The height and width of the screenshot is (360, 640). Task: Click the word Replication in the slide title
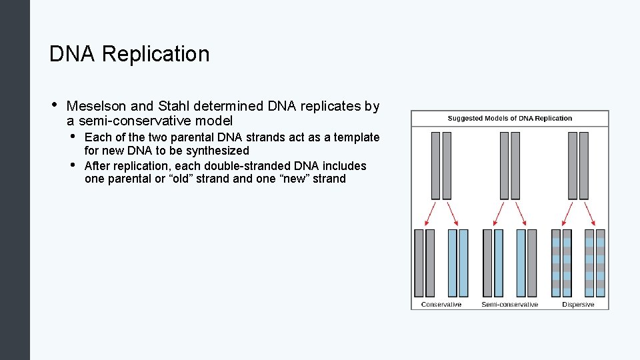(157, 54)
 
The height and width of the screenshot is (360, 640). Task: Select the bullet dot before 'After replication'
(72, 165)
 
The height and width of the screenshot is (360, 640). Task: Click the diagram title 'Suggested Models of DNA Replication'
(510, 119)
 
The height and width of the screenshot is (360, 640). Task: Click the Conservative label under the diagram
(441, 305)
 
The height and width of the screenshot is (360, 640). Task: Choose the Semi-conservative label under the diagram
(509, 305)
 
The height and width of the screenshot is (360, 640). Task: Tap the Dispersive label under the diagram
(578, 305)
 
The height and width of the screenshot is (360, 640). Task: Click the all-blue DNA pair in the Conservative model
(458, 263)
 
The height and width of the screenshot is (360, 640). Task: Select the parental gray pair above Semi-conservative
(509, 165)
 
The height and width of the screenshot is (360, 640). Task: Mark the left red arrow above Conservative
(431, 214)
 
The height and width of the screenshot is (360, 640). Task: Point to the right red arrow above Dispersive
(589, 214)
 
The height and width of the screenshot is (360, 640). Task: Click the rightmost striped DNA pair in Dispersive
(595, 263)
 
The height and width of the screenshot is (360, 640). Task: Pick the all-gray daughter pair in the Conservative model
(425, 263)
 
